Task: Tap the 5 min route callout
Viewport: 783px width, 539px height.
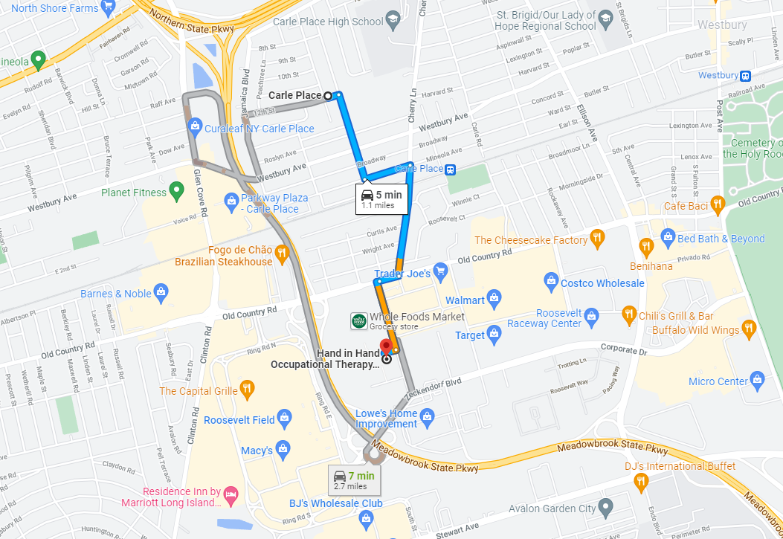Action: tap(382, 199)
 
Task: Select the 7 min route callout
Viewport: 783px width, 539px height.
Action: tap(354, 480)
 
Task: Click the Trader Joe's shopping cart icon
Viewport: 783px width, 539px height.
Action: tap(440, 273)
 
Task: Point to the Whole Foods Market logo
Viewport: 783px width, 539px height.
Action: tap(358, 321)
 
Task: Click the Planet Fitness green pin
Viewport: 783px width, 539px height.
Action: tap(177, 192)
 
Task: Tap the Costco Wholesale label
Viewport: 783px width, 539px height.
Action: tap(602, 283)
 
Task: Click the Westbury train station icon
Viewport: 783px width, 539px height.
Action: tap(745, 75)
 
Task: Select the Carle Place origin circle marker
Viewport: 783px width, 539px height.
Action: tap(328, 95)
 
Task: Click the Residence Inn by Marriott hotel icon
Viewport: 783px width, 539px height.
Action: tap(231, 493)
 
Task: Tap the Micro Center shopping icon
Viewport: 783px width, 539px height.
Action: tap(757, 380)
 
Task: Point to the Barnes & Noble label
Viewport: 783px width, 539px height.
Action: tap(116, 294)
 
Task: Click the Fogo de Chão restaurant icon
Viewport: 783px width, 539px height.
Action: tap(282, 254)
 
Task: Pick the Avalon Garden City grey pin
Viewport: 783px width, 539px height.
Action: tap(605, 509)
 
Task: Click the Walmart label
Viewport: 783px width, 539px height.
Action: tap(465, 300)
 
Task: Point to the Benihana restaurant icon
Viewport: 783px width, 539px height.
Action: tap(646, 245)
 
